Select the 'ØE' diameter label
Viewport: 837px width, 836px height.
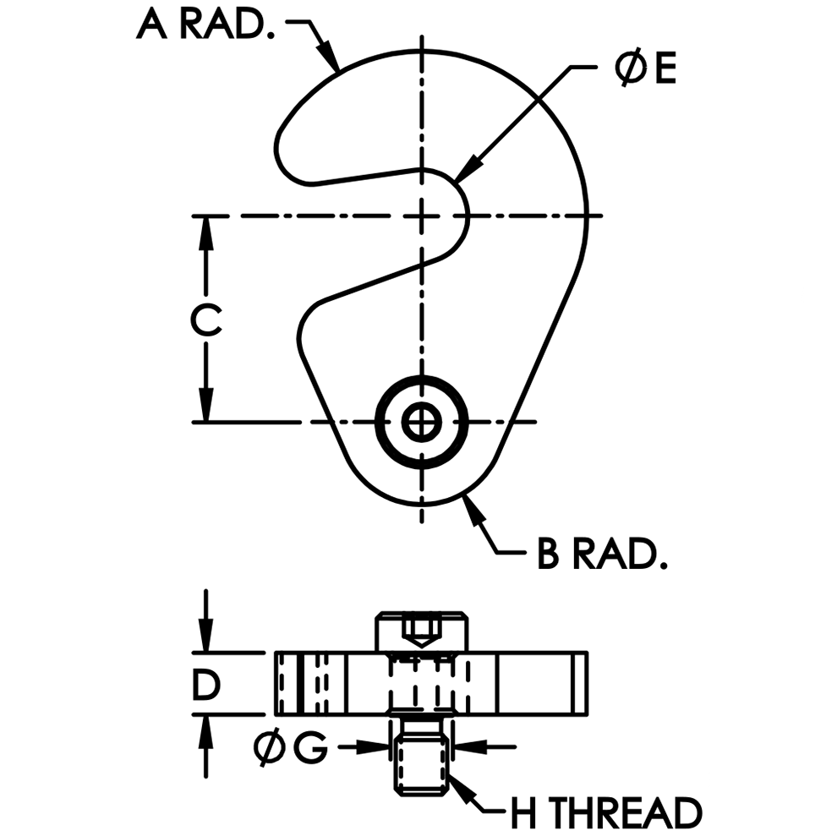pyautogui.click(x=645, y=69)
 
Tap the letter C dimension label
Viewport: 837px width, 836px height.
pyautogui.click(x=205, y=320)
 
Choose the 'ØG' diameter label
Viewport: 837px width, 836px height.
pyautogui.click(x=290, y=747)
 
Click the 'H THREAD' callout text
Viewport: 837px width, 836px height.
pyautogui.click(x=605, y=813)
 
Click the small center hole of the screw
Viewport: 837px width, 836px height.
pyautogui.click(x=421, y=421)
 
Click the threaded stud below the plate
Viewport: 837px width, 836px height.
pyautogui.click(x=420, y=757)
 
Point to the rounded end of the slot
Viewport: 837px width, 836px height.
pyautogui.click(x=457, y=216)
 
